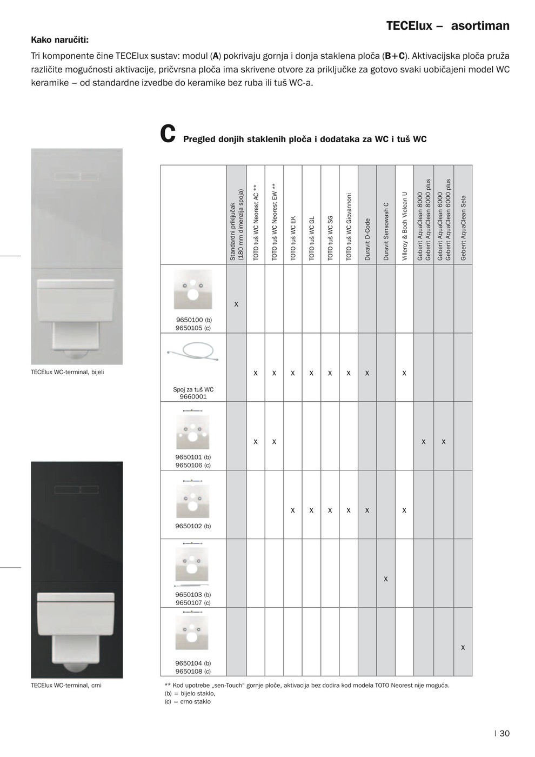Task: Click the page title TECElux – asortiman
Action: tap(447, 26)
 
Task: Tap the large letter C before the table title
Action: tap(168, 135)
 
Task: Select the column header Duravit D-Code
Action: tap(367, 240)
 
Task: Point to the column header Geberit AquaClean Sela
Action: tap(463, 228)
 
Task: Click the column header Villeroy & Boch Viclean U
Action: tap(404, 226)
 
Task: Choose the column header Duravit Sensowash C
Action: tap(386, 231)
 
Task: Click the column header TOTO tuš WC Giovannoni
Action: tap(349, 227)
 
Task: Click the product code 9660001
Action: tap(193, 396)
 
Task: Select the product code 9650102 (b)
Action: tap(193, 526)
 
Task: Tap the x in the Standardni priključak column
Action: tap(236, 304)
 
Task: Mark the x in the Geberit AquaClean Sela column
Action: tap(463, 647)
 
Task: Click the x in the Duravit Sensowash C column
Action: tap(386, 579)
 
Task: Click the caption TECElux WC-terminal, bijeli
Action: tap(68, 372)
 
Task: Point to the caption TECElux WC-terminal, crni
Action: tap(66, 685)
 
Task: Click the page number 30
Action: tap(504, 734)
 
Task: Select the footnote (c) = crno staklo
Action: tap(188, 701)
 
